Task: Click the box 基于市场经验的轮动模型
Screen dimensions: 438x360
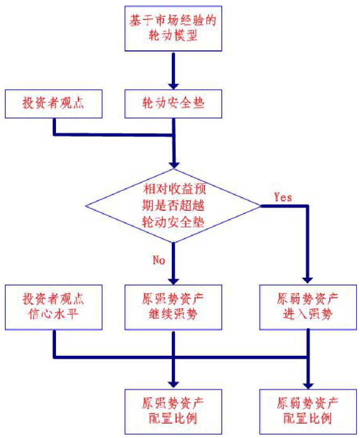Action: click(173, 28)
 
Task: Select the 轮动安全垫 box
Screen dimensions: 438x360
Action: click(173, 104)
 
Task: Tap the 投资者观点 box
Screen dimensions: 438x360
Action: click(54, 104)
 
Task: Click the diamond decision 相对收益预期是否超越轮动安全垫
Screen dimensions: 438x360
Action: click(173, 206)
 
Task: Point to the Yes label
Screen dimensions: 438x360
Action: click(283, 197)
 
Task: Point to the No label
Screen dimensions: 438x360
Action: click(159, 260)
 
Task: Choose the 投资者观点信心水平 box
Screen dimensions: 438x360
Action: click(54, 307)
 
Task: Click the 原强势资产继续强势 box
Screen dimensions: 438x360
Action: click(173, 307)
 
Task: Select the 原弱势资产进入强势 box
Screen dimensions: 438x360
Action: click(308, 307)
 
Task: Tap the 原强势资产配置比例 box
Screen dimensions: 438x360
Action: click(173, 411)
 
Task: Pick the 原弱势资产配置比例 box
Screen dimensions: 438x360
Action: click(308, 411)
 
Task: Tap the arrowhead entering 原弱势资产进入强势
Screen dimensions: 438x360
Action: click(308, 280)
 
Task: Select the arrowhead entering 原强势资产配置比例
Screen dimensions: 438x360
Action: click(173, 384)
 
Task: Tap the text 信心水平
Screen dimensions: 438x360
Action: click(54, 314)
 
